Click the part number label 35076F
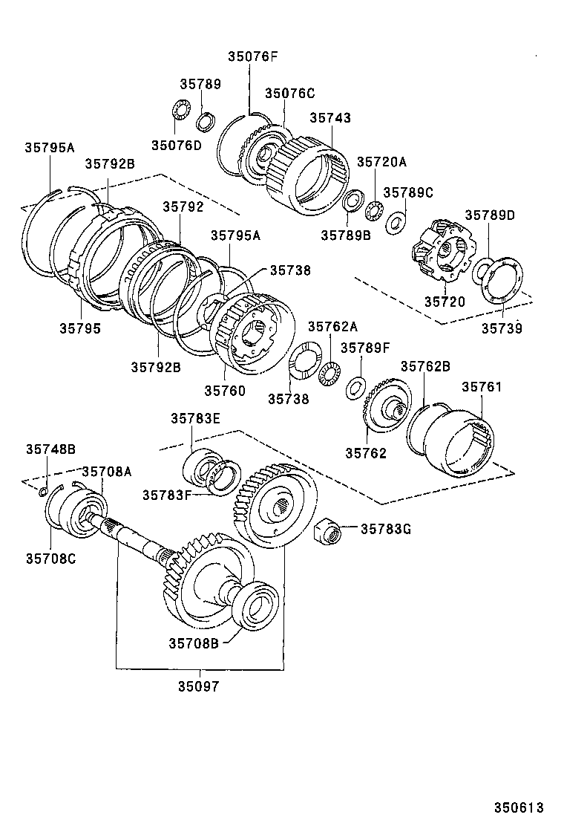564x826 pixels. (252, 56)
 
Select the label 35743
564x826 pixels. (330, 117)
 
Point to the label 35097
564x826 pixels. (198, 687)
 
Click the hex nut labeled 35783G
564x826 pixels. (327, 531)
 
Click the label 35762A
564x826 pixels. (332, 326)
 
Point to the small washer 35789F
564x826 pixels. (356, 386)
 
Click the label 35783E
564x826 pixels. (196, 419)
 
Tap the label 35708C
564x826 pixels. (50, 558)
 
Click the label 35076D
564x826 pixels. (177, 145)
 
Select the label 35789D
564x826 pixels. (490, 215)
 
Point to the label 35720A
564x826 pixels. (381, 162)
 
